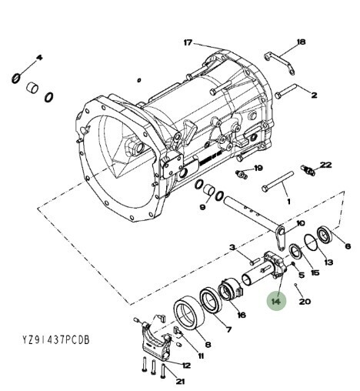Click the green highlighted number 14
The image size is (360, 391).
(276, 301)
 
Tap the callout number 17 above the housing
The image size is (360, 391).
(188, 42)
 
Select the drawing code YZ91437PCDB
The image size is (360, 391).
(55, 340)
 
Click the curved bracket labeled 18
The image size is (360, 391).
(280, 62)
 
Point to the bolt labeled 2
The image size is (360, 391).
(286, 91)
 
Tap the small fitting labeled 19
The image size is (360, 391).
(242, 174)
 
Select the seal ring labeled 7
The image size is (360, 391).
(211, 299)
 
